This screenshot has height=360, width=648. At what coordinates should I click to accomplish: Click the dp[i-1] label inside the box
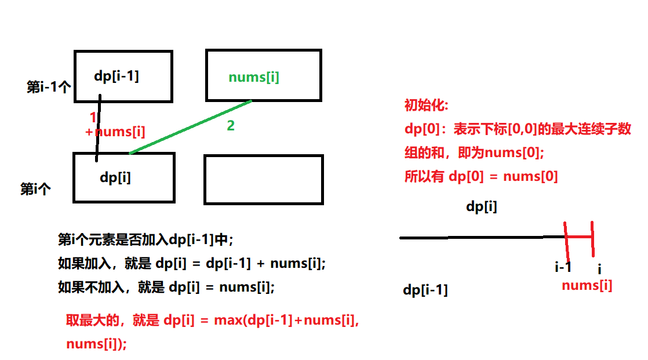[117, 76]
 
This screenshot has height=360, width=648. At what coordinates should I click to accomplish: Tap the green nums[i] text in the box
[254, 77]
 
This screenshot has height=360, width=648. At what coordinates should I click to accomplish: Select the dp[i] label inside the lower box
[115, 177]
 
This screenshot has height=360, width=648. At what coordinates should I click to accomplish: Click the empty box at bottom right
[264, 179]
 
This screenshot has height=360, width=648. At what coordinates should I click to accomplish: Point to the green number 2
[231, 125]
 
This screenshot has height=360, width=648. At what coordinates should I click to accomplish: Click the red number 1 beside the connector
[93, 118]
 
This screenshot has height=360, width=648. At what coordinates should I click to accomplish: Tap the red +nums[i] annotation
[115, 132]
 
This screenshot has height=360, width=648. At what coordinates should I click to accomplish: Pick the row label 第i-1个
[49, 88]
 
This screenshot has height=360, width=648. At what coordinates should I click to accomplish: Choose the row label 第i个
[36, 189]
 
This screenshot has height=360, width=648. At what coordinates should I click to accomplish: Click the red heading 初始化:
[426, 106]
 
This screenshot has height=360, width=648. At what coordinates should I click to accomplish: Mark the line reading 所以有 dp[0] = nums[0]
[481, 177]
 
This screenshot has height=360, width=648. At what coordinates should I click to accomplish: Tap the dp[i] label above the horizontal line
[482, 206]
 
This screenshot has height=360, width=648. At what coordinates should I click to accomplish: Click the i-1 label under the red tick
[563, 267]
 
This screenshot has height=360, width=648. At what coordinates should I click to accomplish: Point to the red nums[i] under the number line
[587, 285]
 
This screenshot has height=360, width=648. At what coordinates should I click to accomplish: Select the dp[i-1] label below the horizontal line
[425, 290]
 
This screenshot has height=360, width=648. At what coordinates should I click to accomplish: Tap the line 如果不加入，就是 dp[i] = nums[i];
[166, 286]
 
